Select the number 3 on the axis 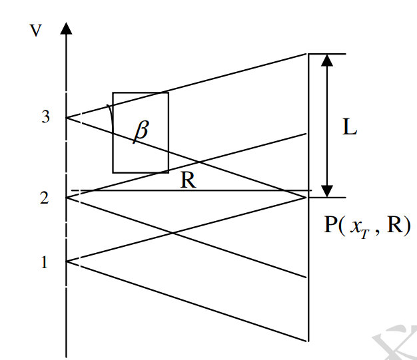click(x=45, y=117)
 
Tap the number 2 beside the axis click(x=45, y=198)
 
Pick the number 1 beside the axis click(x=45, y=262)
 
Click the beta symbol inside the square click(x=141, y=131)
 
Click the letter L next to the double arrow click(x=350, y=127)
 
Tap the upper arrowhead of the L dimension click(x=326, y=60)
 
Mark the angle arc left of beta click(x=109, y=114)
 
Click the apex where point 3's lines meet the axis click(x=66, y=118)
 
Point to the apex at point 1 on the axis click(x=66, y=262)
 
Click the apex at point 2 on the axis click(x=66, y=198)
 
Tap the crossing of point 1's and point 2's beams click(x=173, y=232)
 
